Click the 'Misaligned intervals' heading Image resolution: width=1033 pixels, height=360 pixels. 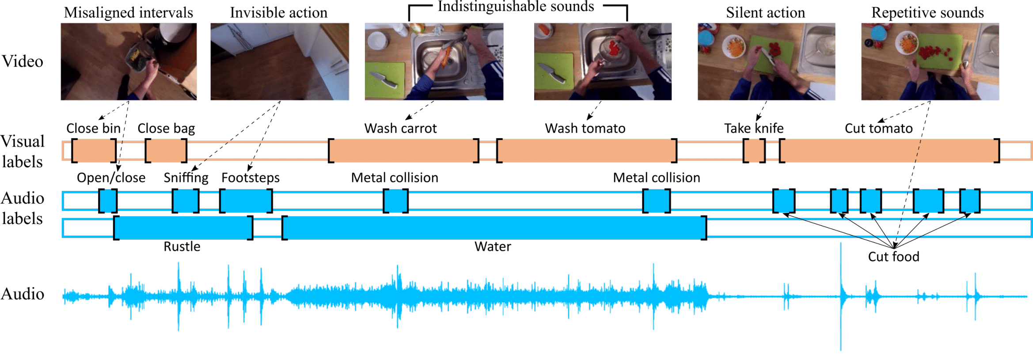(128, 13)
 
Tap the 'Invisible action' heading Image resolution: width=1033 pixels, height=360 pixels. (279, 13)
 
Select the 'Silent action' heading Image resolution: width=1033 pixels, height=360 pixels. (765, 13)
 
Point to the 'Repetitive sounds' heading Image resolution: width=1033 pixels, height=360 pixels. (927, 13)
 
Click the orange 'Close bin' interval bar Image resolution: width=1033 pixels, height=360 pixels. (94, 151)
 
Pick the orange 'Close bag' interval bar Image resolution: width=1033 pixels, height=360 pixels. (166, 151)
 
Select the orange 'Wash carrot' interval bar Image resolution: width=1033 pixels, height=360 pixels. (403, 151)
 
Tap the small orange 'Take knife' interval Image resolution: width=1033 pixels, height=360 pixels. (754, 151)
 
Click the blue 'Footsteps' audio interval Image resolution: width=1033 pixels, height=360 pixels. (246, 201)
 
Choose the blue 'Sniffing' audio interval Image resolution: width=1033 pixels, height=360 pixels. (186, 201)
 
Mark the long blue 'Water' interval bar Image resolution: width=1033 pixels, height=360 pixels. (494, 228)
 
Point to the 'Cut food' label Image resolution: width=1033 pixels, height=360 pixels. (893, 257)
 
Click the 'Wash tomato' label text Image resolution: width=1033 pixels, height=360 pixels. (585, 129)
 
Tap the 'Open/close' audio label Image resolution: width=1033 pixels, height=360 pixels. (111, 178)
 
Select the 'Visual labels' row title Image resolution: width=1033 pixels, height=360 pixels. (23, 152)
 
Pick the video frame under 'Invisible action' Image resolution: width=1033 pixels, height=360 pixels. (280, 61)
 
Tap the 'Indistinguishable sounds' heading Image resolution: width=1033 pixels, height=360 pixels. (516, 7)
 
